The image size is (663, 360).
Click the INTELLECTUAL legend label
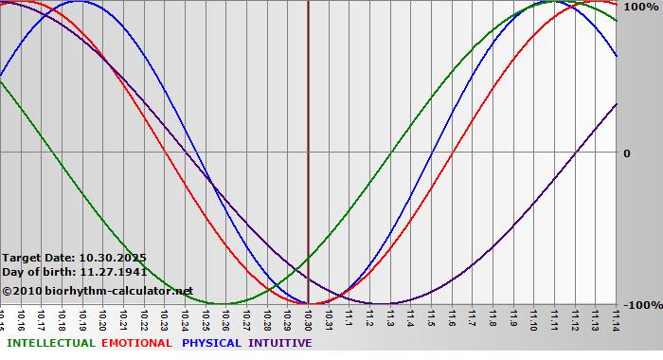[x=50, y=343]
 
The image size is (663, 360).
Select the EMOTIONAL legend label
[x=136, y=343]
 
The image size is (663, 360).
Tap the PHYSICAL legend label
[x=212, y=343]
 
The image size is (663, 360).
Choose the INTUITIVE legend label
[x=279, y=343]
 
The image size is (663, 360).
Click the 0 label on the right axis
[x=626, y=153]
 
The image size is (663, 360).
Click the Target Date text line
[x=74, y=258]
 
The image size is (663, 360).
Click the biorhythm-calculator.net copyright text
[x=98, y=291]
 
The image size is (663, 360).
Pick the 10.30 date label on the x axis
[x=309, y=318]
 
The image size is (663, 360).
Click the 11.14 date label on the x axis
[x=617, y=318]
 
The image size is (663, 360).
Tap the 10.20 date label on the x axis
[x=103, y=318]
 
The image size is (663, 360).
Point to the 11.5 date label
[x=432, y=318]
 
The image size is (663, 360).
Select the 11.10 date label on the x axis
[x=534, y=318]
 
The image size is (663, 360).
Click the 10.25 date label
[x=206, y=318]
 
